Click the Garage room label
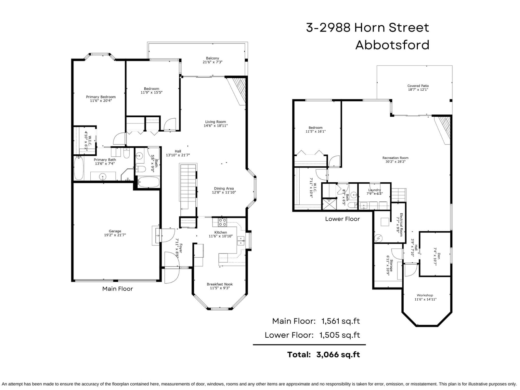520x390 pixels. [115, 231]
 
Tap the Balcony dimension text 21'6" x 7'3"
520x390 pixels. [212, 62]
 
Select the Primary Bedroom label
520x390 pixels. [101, 97]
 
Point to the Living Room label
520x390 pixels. [215, 122]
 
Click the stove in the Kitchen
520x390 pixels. [222, 222]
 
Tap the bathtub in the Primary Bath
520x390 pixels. [79, 168]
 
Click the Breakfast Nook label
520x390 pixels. [220, 284]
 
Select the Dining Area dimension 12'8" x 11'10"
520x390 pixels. [224, 192]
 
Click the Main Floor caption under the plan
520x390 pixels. [118, 289]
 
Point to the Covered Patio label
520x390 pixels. [418, 86]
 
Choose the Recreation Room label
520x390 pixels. [396, 158]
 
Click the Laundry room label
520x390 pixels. [374, 190]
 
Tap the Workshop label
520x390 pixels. [425, 295]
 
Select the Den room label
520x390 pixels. [439, 256]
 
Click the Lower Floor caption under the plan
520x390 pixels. [342, 219]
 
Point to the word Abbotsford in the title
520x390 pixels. [392, 45]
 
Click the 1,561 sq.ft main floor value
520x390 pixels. [340, 321]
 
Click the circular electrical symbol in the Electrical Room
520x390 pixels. [378, 238]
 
